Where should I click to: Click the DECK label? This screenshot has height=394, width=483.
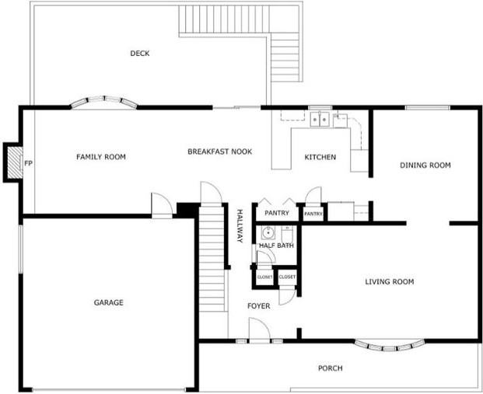pos(140,54)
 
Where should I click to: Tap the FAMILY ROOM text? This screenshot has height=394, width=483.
pos(101,157)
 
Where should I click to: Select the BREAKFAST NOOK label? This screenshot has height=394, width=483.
pos(219,152)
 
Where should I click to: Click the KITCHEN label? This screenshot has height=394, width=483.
pos(320,158)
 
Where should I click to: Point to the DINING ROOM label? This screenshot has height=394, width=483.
pos(425,165)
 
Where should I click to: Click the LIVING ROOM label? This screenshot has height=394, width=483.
pos(389,281)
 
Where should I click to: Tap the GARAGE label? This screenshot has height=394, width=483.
pos(108,302)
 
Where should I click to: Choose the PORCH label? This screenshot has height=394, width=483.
pos(330,368)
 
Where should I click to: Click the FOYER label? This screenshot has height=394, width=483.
pos(258,306)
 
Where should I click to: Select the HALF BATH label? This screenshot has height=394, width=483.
pos(276,246)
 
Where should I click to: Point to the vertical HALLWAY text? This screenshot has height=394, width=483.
pos(240,225)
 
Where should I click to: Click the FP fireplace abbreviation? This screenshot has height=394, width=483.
pos(28,164)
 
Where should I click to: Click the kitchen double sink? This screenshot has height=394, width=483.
pos(319,119)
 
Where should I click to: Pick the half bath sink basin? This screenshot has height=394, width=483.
pos(268,232)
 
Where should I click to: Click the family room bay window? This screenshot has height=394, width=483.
pos(104,101)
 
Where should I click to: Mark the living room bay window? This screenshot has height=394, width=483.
pos(390,343)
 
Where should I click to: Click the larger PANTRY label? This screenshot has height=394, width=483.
pos(277,213)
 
